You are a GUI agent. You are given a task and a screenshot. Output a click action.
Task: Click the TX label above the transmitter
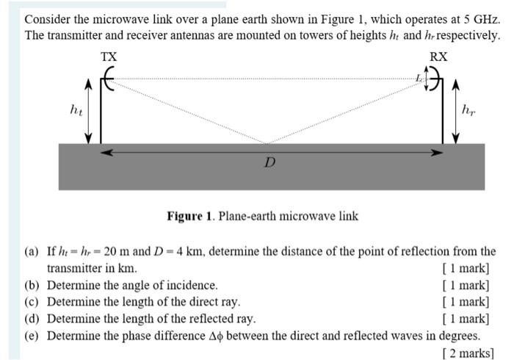[108, 57]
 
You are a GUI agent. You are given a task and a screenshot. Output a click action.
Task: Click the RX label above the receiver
[438, 57]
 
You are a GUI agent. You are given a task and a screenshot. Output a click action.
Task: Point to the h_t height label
[75, 110]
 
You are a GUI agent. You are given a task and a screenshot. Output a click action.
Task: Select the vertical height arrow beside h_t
[90, 110]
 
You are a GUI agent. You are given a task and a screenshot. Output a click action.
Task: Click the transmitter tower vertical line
[101, 118]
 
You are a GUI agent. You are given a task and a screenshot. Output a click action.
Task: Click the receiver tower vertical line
[443, 118]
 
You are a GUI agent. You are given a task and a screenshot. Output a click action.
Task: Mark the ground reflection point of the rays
[268, 143]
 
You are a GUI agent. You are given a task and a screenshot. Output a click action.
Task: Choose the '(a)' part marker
[32, 251]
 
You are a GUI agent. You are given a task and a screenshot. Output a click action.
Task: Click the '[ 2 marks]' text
[467, 353]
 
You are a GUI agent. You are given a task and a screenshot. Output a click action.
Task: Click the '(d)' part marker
[32, 319]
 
